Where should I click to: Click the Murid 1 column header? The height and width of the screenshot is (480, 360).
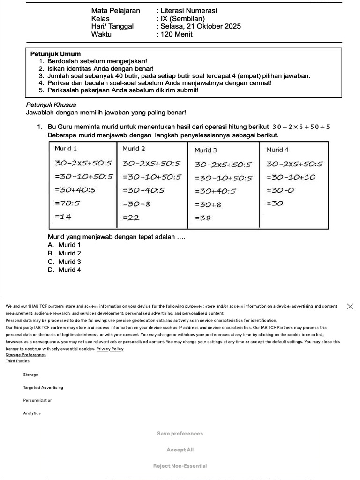[x=66, y=149]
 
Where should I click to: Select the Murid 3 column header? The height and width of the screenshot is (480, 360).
[x=206, y=150]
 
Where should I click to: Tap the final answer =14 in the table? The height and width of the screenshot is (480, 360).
[x=63, y=217]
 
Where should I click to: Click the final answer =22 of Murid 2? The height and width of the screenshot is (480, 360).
[x=131, y=217]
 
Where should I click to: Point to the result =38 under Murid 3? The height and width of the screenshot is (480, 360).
[x=202, y=218]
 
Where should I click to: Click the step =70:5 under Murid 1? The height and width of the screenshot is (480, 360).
[x=67, y=203]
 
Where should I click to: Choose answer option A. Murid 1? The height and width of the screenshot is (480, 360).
[x=64, y=245]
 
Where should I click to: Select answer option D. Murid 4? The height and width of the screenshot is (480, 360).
[x=64, y=270]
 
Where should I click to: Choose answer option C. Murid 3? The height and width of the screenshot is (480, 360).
[x=64, y=262]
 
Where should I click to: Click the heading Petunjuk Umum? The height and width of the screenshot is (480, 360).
[x=55, y=54]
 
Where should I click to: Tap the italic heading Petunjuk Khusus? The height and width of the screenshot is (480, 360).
[x=51, y=105]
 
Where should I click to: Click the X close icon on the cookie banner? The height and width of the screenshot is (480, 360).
[x=350, y=306]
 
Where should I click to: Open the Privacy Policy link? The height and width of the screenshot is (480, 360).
[x=110, y=349]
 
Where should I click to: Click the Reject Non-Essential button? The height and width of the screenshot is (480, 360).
[x=180, y=466]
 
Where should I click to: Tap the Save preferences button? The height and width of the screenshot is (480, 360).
[x=180, y=434]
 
